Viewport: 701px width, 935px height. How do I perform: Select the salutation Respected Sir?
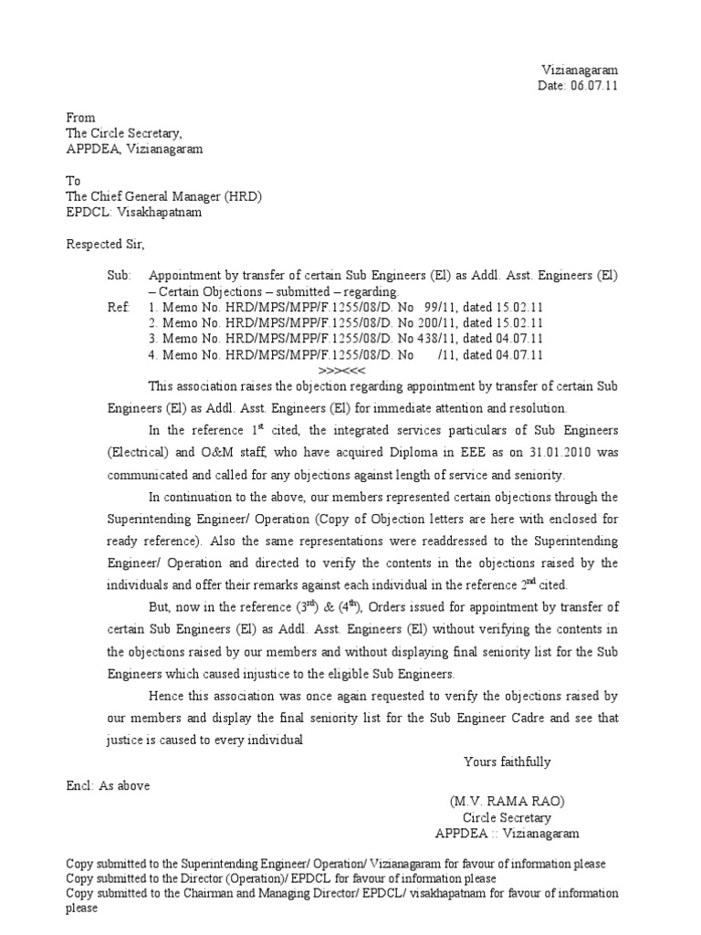pyautogui.click(x=105, y=245)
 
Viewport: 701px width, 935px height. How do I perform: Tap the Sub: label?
pyautogui.click(x=120, y=276)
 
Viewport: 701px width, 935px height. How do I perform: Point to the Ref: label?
pyautogui.click(x=119, y=308)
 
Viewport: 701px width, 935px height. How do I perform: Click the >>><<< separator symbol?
pyautogui.click(x=340, y=370)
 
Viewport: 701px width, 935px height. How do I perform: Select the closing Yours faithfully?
pyautogui.click(x=507, y=762)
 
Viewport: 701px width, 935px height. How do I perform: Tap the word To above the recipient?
pyautogui.click(x=73, y=181)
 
